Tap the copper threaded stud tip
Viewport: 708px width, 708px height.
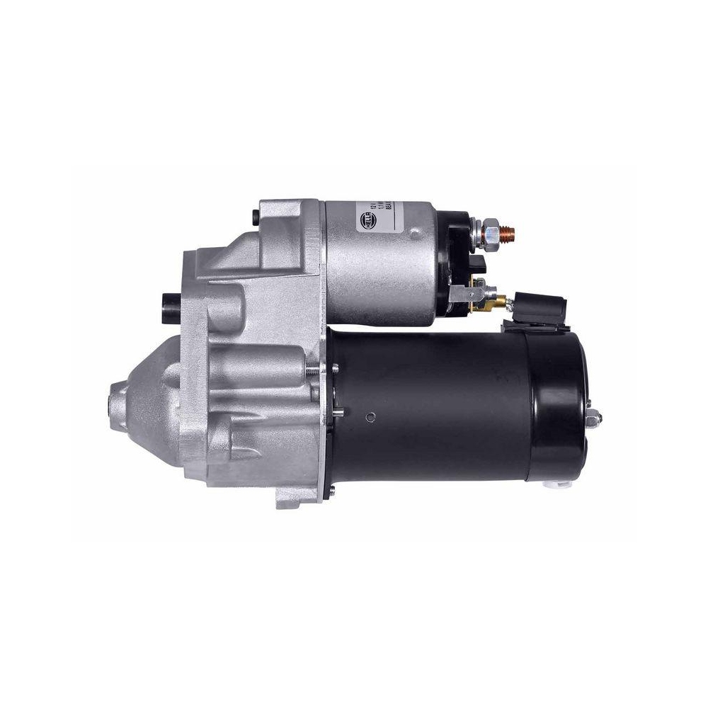click(x=512, y=232)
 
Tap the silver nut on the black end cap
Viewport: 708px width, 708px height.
click(x=594, y=419)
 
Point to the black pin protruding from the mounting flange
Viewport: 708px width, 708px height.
click(x=171, y=304)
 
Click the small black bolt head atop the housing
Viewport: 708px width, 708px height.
click(x=254, y=215)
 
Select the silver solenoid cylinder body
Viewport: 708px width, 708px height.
click(x=382, y=262)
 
